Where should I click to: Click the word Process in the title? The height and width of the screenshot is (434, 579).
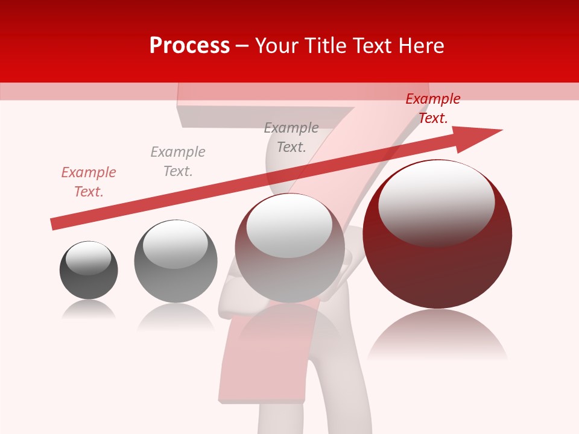189,46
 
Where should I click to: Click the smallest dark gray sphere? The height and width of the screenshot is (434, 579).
89,270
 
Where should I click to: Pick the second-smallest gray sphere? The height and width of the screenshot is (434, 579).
176,261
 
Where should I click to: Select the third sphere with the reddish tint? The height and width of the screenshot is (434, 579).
289,248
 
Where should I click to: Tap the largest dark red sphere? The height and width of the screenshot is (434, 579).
437,234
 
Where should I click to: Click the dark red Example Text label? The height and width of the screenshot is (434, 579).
432,108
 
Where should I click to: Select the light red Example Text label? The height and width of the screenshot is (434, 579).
88,182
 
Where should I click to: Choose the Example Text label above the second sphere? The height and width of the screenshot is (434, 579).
177,162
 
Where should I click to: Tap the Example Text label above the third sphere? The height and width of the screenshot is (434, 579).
291,137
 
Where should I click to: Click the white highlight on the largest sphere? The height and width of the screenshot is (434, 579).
436,202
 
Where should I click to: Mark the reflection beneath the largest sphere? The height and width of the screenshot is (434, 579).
437,335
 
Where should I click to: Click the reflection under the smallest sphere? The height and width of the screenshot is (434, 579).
89,310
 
